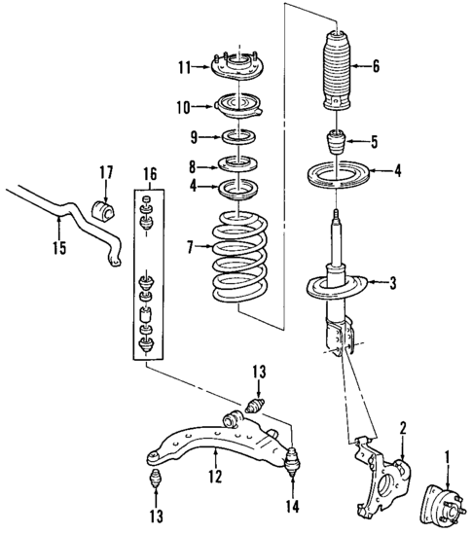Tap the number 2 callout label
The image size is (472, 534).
403,427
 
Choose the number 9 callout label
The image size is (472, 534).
194,135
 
